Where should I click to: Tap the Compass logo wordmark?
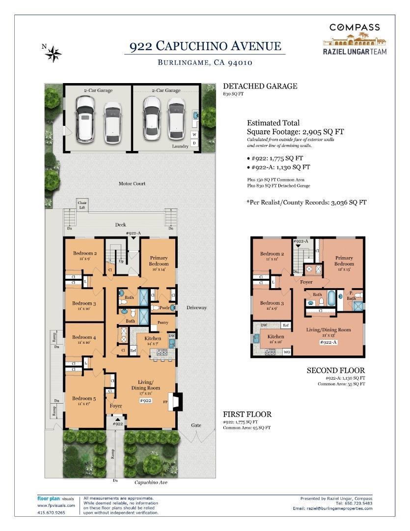coord(355,28)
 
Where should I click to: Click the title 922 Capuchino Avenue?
coord(205,46)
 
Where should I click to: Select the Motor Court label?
coord(132,184)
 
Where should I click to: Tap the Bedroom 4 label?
coord(84,337)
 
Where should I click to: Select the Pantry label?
coord(163,323)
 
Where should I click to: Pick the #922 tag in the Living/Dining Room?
coord(145,401)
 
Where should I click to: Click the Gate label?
coord(196,425)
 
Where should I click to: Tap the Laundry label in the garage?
coord(180,147)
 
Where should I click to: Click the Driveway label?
coord(196,308)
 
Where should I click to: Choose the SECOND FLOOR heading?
coord(336,371)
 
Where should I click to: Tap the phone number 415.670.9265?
coord(51,512)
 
